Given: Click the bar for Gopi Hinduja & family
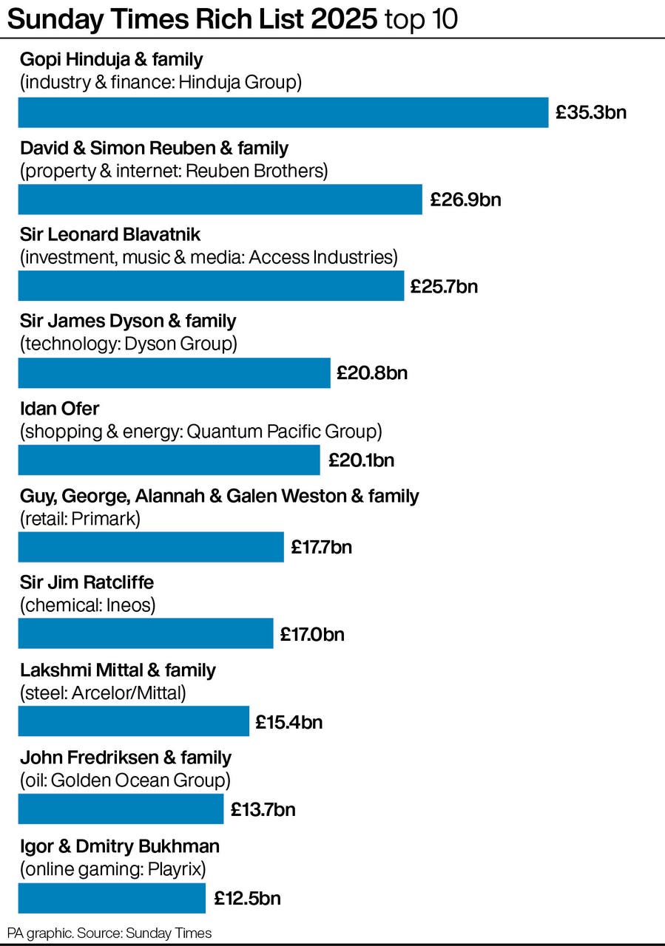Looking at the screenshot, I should tap(283, 112).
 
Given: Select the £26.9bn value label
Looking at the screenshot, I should tap(465, 200).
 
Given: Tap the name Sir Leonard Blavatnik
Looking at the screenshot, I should tap(110, 234).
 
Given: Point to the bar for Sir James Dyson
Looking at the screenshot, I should tap(174, 373).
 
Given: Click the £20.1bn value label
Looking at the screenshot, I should tap(361, 460).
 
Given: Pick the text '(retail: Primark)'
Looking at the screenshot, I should tap(80, 519).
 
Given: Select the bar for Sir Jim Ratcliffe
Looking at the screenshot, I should tap(145, 634).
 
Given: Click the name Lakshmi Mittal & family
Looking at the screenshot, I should tap(118, 670).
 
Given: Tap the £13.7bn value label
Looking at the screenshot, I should tap(263, 809).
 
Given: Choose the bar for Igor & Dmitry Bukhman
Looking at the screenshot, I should tap(111, 898).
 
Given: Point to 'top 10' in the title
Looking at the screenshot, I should tap(420, 20).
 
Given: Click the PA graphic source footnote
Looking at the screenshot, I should tap(109, 933).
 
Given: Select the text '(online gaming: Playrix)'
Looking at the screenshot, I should tap(112, 868).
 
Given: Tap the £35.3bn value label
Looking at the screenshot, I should tap(591, 112).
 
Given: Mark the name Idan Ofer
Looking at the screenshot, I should tap(59, 409).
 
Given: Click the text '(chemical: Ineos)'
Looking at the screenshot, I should tap(87, 606).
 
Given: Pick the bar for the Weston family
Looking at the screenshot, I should tap(150, 547).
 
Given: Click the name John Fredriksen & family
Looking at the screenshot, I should tap(125, 758).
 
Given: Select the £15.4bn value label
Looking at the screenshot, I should tap(288, 721).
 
